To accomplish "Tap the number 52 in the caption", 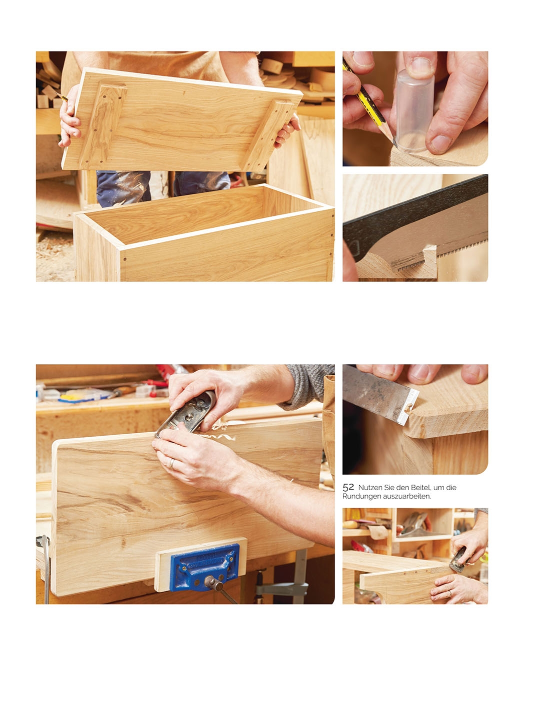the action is pos(348,488).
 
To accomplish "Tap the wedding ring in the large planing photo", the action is pos(171,463).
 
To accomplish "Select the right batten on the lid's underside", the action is pos(269,135).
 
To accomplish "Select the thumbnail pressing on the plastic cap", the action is pos(420,65).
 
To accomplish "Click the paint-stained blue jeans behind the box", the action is pos(163,187).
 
